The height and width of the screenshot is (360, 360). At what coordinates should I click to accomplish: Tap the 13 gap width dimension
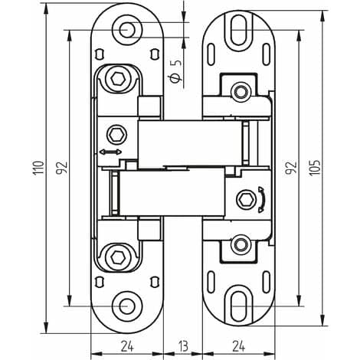(183, 346)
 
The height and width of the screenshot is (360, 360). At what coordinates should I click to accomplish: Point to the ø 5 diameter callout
(176, 71)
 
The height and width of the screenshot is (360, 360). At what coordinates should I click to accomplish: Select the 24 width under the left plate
(127, 346)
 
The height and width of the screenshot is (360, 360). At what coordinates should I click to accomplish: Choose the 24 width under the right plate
(239, 346)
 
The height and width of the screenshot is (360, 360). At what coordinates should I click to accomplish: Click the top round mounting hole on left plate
(127, 30)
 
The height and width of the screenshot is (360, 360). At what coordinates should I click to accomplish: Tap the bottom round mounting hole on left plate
(127, 306)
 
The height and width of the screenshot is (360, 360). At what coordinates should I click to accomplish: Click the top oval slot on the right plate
(239, 30)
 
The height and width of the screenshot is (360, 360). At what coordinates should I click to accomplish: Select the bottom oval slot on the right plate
(239, 306)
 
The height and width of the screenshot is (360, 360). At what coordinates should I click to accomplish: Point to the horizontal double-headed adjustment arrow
(110, 152)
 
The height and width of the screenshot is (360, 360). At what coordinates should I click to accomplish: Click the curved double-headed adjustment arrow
(262, 199)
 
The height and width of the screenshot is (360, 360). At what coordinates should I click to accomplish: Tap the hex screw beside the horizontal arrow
(117, 134)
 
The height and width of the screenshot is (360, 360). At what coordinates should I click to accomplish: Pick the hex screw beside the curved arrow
(246, 199)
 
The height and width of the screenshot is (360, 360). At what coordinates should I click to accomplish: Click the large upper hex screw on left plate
(118, 78)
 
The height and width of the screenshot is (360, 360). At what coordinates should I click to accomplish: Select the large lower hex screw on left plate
(118, 257)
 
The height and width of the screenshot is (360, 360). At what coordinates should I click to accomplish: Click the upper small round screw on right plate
(241, 92)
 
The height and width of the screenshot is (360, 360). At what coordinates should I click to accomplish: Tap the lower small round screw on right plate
(241, 244)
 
